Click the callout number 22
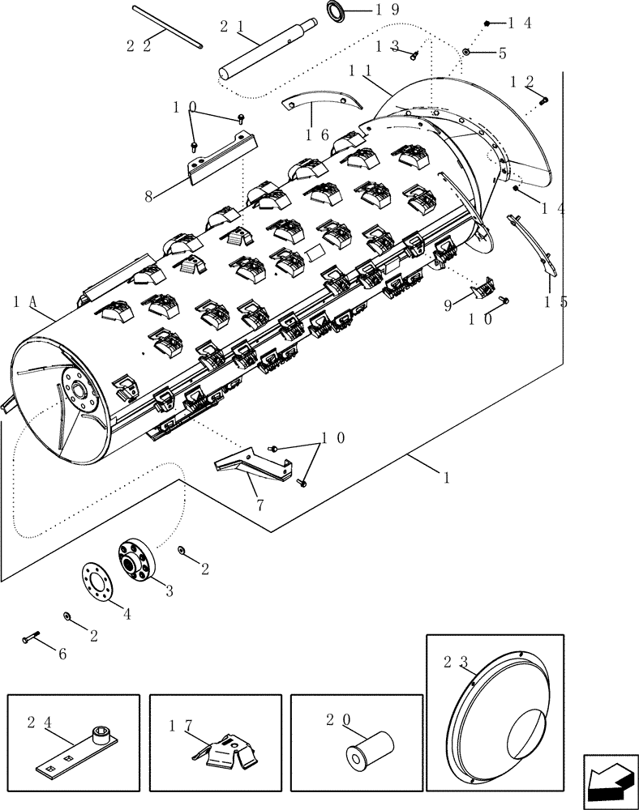point(139,46)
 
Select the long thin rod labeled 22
point(167,30)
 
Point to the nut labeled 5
point(468,53)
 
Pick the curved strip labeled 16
point(322,100)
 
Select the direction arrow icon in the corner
point(608,781)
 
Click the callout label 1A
point(25,301)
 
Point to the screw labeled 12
point(543,100)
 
